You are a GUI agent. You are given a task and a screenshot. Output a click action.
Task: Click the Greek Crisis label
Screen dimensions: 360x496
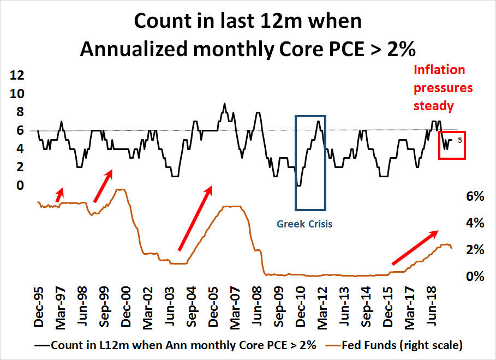pos(304,224)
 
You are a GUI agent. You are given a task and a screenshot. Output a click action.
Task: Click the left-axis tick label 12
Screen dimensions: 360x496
pos(16,75)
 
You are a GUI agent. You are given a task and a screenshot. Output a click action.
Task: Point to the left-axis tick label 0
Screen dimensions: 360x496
pos(20,186)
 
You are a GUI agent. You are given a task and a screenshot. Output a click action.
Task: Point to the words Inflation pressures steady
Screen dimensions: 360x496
pos(443,87)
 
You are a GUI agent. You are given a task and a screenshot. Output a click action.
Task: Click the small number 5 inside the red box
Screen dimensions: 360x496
pos(460,140)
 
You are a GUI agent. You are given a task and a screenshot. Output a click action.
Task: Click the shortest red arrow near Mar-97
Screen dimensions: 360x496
pos(59,194)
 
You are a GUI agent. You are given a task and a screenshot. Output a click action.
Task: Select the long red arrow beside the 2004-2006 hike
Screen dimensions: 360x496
pos(195,217)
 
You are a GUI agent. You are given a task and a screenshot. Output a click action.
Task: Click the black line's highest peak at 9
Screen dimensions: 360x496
pos(224,103)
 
